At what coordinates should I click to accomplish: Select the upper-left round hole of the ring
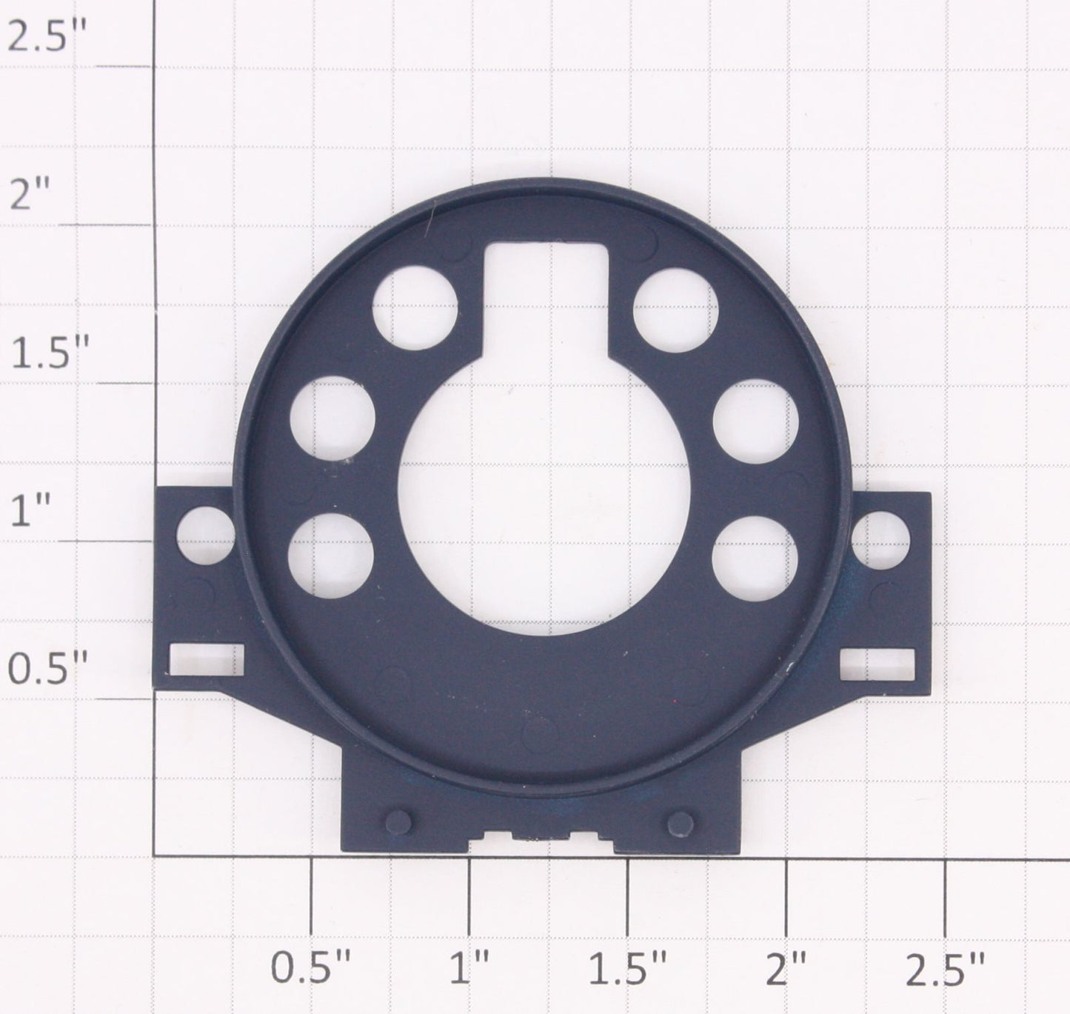[x=415, y=307]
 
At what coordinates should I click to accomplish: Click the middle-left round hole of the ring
[x=332, y=418]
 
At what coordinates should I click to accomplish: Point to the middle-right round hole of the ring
[x=755, y=421]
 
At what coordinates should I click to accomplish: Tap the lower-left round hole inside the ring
[x=331, y=556]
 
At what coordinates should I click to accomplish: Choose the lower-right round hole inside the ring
[x=755, y=558]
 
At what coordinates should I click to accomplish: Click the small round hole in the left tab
[x=205, y=535]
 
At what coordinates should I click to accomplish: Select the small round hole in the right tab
[x=880, y=540]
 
